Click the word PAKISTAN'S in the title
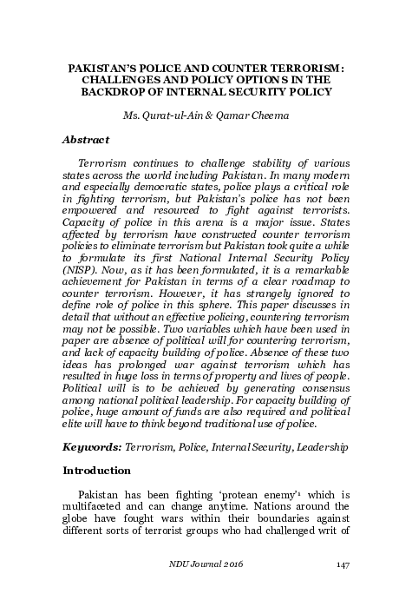(102, 65)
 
